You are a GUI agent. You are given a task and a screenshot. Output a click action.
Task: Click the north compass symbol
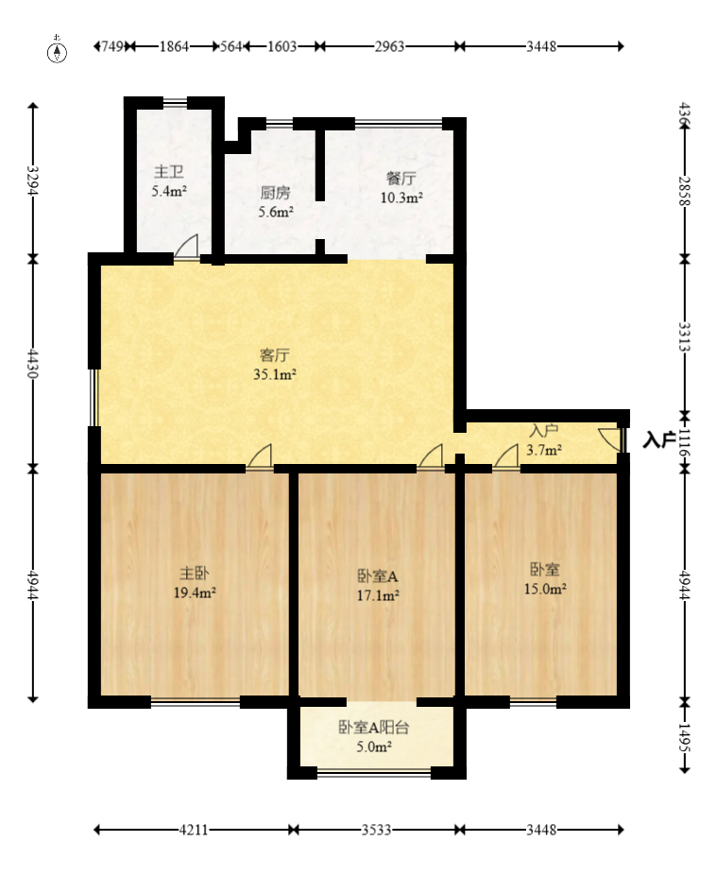tap(57, 49)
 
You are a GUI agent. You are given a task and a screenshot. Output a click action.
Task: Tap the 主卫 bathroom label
tap(169, 171)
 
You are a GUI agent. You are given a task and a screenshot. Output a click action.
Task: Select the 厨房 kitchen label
tap(275, 193)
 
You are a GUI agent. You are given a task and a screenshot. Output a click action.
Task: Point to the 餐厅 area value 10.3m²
tap(401, 198)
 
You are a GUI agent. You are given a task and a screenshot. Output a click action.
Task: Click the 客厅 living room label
tap(275, 355)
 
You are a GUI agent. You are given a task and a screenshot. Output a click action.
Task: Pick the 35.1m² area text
tap(275, 374)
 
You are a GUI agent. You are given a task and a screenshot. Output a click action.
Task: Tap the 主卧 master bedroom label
tap(195, 573)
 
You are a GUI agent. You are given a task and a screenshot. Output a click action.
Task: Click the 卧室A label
tap(378, 575)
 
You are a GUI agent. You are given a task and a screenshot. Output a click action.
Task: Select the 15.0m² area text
tap(546, 589)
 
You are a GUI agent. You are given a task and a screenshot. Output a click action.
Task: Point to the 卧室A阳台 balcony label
tap(374, 728)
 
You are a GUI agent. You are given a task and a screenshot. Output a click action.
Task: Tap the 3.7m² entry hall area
tap(544, 450)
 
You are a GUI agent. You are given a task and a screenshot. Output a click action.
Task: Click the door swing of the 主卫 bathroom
tap(187, 247)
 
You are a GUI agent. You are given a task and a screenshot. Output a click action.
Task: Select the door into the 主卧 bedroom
tap(260, 455)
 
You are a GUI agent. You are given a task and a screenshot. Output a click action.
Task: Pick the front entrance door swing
tap(610, 438)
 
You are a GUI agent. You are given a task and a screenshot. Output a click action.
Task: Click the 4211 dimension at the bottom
tap(194, 831)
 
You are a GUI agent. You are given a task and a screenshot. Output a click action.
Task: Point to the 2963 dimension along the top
tap(389, 46)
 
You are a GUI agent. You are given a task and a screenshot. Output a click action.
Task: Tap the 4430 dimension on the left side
tap(32, 363)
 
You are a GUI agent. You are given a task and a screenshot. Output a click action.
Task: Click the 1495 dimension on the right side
tap(685, 737)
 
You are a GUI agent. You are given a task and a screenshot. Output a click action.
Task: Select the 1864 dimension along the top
tap(174, 46)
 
